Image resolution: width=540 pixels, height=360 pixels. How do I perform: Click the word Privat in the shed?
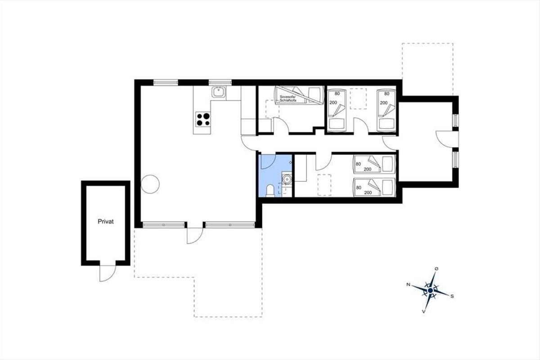[106, 221]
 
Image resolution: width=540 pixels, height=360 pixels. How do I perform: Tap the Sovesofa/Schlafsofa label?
[288, 99]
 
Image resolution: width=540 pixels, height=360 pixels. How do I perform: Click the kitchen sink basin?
[219, 92]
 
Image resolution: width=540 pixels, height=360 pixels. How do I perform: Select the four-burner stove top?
[203, 119]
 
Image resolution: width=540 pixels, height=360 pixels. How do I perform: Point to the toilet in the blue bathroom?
[270, 191]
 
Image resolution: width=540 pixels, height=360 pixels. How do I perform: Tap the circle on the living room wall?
[150, 184]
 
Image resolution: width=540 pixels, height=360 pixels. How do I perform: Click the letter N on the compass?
[408, 284]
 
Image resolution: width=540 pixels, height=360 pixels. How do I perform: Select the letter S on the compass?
[452, 296]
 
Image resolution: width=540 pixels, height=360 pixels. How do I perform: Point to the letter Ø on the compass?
[436, 269]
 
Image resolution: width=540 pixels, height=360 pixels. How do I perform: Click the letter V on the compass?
[423, 311]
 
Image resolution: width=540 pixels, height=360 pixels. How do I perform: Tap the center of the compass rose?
[430, 291]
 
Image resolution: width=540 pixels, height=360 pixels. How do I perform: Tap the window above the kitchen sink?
[220, 83]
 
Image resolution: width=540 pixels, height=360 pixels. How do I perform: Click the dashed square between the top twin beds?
[358, 99]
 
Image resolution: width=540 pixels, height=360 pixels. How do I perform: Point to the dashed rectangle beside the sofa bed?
[272, 109]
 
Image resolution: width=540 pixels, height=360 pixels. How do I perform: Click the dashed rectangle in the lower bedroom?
[324, 185]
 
